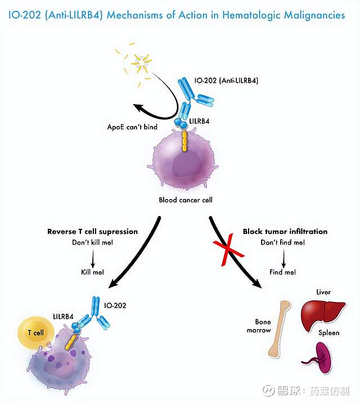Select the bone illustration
coord(280,330)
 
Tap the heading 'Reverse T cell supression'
coord(92,232)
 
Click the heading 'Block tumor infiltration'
coord(285,232)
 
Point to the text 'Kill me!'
coord(92,272)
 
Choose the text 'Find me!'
coord(283,272)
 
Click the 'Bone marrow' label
coord(259,327)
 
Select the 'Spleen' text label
coord(328,333)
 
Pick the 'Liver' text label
coord(323,292)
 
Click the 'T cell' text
coord(35,333)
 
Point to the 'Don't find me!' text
coord(283,242)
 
